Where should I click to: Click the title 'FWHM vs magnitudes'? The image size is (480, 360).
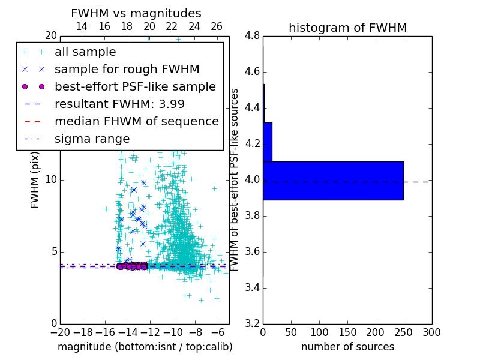pos(136,13)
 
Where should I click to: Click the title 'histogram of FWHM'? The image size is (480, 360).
pos(347,28)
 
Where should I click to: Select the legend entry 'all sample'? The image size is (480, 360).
pos(85,52)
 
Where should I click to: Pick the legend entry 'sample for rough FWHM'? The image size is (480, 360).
pos(127,70)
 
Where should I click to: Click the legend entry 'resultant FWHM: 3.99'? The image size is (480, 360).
pos(119,104)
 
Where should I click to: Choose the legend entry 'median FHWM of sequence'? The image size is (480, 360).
pos(136,121)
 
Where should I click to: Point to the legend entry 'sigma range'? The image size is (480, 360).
pos(92,139)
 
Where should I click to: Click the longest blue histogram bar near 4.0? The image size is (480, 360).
pos(333,181)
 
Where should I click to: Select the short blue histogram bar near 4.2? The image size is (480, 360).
pos(268,142)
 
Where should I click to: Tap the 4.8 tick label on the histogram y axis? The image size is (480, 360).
pos(252,36)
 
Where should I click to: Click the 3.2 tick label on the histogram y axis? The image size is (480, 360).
pos(252,323)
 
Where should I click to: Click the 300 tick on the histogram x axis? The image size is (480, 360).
pos(431,332)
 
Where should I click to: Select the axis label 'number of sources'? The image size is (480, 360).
pos(347,347)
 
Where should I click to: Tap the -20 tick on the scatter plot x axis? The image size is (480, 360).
pos(60,332)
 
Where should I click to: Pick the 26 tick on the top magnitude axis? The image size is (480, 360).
pos(217,26)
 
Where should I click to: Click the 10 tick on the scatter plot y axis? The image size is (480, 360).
pos(50,180)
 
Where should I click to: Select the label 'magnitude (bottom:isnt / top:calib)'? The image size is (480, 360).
pos(145,347)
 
